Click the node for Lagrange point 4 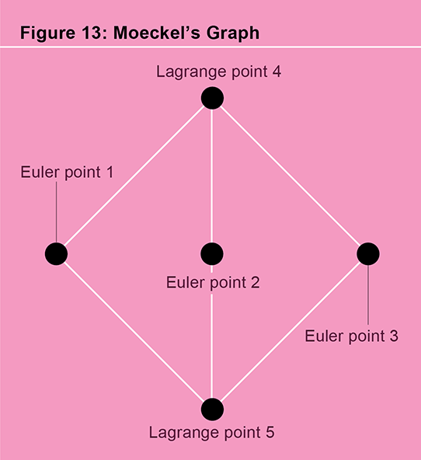[x=212, y=98]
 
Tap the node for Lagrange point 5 [x=212, y=409]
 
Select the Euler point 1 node [x=56, y=254]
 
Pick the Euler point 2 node [x=212, y=254]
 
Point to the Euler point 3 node [x=368, y=254]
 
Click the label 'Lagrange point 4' [x=218, y=72]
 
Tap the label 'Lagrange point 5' [x=212, y=433]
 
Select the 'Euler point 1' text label [x=67, y=172]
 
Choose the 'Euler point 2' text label [x=213, y=283]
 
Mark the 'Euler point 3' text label [x=352, y=336]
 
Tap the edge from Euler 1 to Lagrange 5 [x=134, y=332]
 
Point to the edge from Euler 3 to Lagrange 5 [x=291, y=332]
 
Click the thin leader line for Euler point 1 [x=56, y=212]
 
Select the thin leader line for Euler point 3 [x=368, y=294]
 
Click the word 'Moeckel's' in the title [x=157, y=33]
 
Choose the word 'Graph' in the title [x=233, y=33]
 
